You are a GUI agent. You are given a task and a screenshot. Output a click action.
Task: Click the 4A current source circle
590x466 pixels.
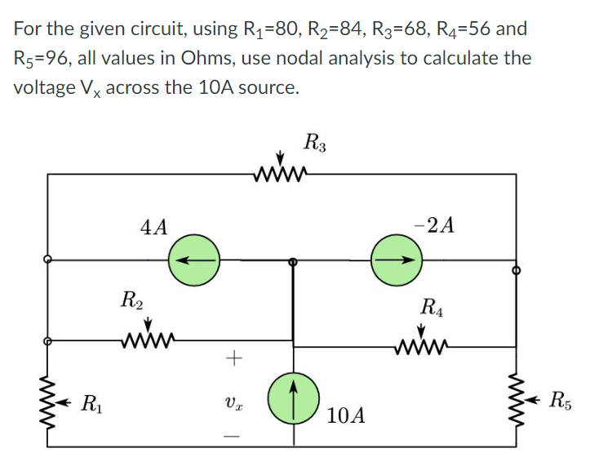pos(194,262)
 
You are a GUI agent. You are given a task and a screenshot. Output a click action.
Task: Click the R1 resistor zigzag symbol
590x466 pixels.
pos(49,402)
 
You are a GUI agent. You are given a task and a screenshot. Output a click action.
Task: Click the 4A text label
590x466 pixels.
pos(153,225)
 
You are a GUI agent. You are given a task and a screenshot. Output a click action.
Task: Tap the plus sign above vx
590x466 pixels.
pos(233,357)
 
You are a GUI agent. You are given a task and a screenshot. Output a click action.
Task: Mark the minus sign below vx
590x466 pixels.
pos(233,439)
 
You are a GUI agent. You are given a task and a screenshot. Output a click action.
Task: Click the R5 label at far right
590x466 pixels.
pos(561,400)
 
